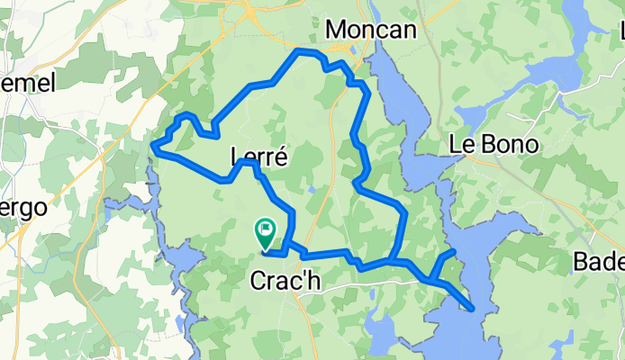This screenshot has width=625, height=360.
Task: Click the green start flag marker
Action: [x=266, y=231]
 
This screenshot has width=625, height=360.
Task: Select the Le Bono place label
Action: [x=493, y=145]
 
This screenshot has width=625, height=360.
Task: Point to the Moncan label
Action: [x=370, y=30]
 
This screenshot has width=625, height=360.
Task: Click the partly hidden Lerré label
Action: [x=258, y=157]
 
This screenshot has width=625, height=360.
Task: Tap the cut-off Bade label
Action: [x=598, y=262]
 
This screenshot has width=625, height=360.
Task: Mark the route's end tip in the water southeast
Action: [x=473, y=309]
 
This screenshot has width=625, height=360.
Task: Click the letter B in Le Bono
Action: [x=486, y=145]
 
